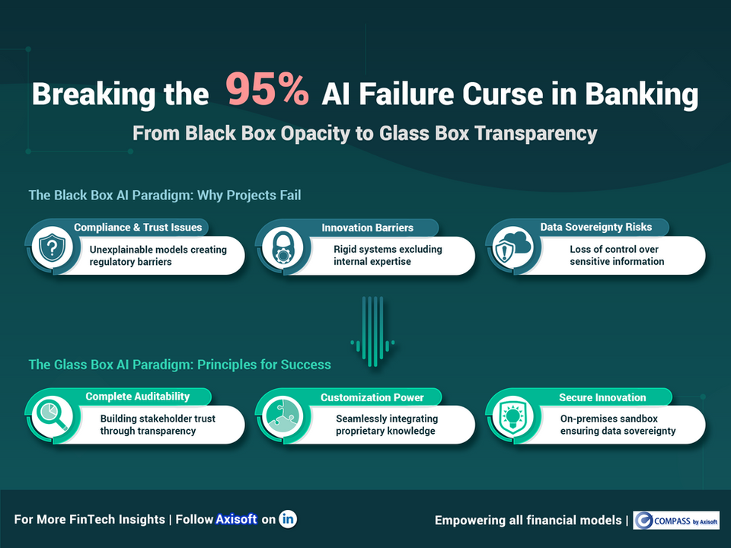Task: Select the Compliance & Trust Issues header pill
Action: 137,227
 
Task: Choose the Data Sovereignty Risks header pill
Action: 595,227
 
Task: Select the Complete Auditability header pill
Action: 137,397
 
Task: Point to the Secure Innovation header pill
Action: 602,397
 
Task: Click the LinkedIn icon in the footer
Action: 288,519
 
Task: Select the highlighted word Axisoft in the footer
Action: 236,519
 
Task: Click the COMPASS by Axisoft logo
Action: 676,520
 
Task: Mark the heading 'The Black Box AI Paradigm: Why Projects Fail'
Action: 164,196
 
